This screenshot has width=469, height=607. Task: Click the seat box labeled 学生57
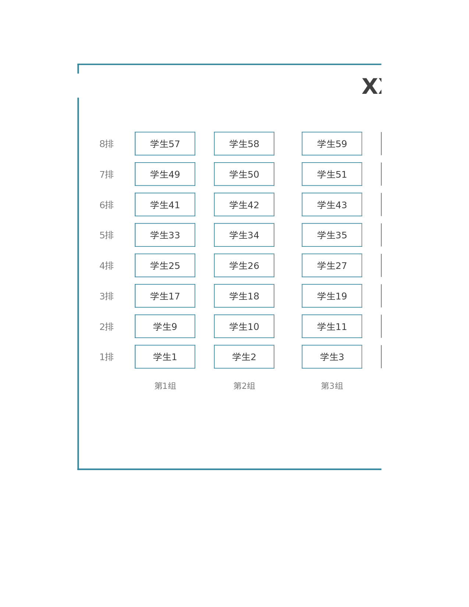tap(165, 143)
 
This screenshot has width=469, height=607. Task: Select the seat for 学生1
tap(165, 356)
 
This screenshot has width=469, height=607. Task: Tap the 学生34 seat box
tap(244, 235)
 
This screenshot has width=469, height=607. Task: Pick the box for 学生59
tap(332, 143)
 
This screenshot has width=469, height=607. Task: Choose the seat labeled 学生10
tap(244, 326)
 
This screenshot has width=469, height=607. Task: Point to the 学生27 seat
tap(332, 265)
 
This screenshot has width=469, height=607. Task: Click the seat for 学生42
tap(244, 205)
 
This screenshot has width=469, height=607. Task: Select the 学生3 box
tap(332, 356)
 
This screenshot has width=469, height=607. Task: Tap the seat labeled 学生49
tap(165, 174)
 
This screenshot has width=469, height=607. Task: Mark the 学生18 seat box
tap(244, 296)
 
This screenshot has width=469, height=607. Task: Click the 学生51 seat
tap(332, 174)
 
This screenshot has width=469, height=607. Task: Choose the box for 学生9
tap(165, 326)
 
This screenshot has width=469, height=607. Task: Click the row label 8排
tap(107, 144)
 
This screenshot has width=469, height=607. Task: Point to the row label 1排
tap(107, 357)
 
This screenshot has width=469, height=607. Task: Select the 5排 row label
tap(107, 235)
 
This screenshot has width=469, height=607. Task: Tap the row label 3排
tap(107, 296)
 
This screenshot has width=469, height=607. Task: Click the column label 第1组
tap(165, 386)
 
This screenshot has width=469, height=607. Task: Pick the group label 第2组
tap(244, 386)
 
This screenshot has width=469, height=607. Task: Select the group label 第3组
tap(332, 386)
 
